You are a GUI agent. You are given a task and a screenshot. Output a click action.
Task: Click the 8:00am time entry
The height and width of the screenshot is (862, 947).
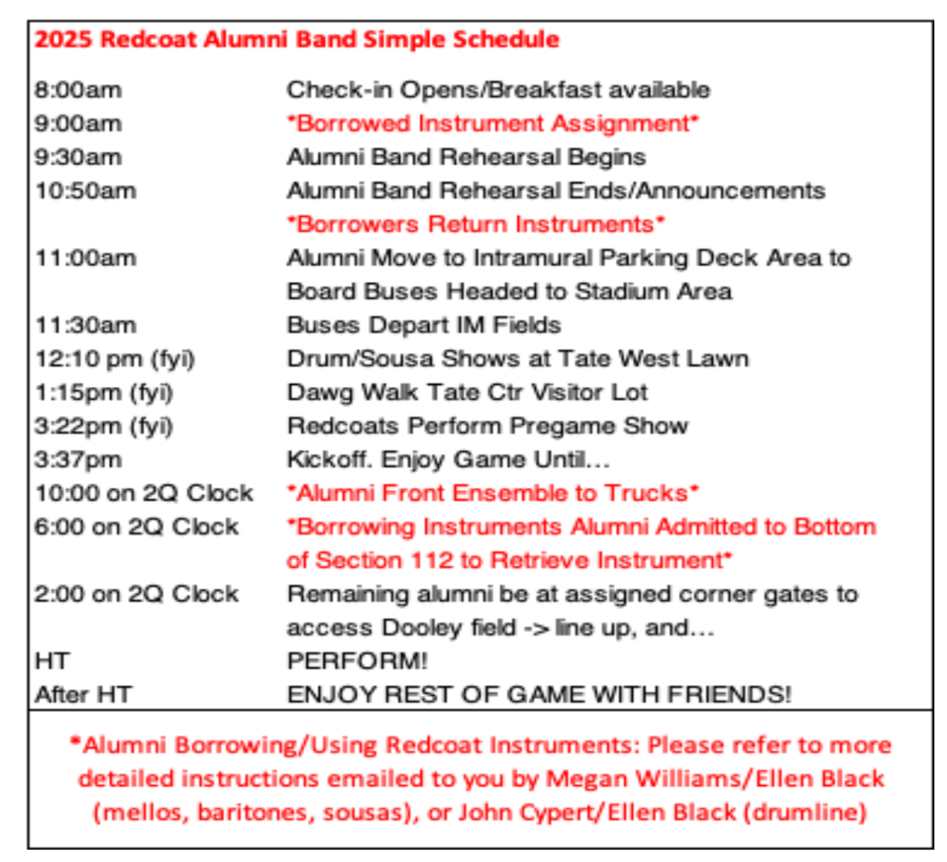click(78, 89)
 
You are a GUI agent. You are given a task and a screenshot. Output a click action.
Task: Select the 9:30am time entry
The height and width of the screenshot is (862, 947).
click(78, 157)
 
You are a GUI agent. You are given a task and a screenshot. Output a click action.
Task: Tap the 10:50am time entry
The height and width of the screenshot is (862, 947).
click(86, 191)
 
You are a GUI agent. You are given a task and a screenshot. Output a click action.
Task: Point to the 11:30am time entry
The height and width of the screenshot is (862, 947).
click(86, 325)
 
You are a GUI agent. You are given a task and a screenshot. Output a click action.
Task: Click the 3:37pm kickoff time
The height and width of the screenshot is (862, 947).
click(78, 459)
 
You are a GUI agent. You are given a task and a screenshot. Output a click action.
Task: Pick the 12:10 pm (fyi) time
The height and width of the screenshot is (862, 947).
click(115, 359)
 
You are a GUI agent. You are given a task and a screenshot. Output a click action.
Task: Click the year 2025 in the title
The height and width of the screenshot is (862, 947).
click(63, 40)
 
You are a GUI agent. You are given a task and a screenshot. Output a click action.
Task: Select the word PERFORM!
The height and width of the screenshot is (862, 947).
click(357, 661)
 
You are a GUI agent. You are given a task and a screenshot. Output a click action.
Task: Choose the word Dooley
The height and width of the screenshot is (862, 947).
click(422, 629)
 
